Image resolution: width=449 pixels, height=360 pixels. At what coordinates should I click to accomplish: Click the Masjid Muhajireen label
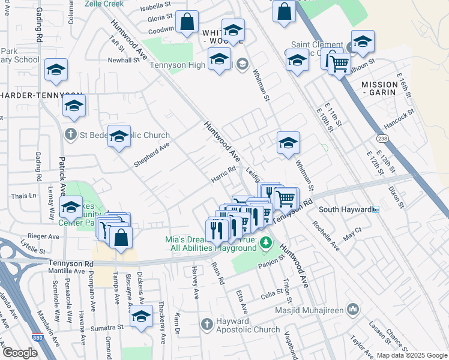[x=309, y=310]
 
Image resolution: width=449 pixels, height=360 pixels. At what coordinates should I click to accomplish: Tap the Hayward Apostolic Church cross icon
[x=206, y=324]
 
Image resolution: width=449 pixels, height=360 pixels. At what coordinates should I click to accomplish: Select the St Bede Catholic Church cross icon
[x=70, y=134]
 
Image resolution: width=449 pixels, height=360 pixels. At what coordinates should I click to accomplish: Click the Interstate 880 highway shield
[x=37, y=338]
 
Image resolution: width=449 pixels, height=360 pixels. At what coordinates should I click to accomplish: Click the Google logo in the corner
[x=20, y=352]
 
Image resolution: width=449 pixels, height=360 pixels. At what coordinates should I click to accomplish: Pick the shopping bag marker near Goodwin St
[x=187, y=22]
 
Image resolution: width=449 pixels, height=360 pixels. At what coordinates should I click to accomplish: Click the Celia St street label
[x=271, y=295]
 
